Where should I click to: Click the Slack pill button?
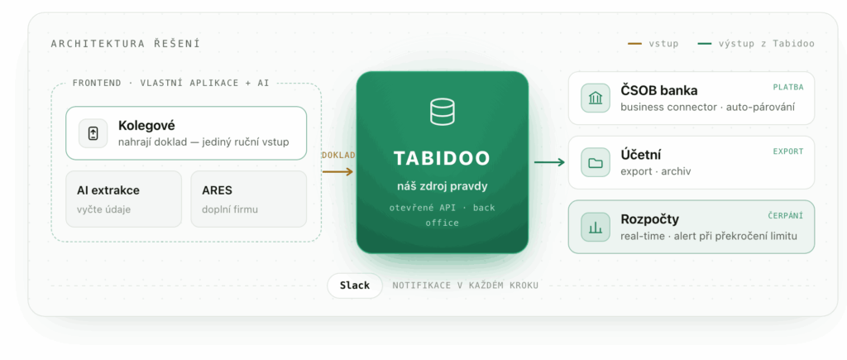click(x=355, y=286)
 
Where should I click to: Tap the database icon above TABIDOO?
click(x=442, y=112)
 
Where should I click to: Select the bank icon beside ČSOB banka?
click(x=596, y=98)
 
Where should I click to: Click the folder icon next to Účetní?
click(x=596, y=163)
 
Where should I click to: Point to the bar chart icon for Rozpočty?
click(x=596, y=227)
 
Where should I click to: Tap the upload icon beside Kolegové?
click(x=93, y=133)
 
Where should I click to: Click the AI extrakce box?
click(x=124, y=199)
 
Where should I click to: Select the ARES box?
click(x=248, y=199)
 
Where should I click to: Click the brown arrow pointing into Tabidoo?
click(x=337, y=172)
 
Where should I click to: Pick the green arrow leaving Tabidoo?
click(x=549, y=162)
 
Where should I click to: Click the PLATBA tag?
click(x=788, y=87)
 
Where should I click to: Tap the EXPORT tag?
click(x=788, y=151)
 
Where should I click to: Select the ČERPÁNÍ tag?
click(x=786, y=216)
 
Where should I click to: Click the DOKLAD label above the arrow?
click(x=338, y=155)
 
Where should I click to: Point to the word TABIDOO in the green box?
click(x=442, y=158)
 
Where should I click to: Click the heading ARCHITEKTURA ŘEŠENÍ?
click(x=126, y=44)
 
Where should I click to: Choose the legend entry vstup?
click(x=653, y=44)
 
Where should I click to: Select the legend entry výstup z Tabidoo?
click(x=756, y=44)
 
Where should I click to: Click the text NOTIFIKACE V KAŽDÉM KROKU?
click(x=465, y=286)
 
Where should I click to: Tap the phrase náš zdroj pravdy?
click(x=442, y=186)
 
